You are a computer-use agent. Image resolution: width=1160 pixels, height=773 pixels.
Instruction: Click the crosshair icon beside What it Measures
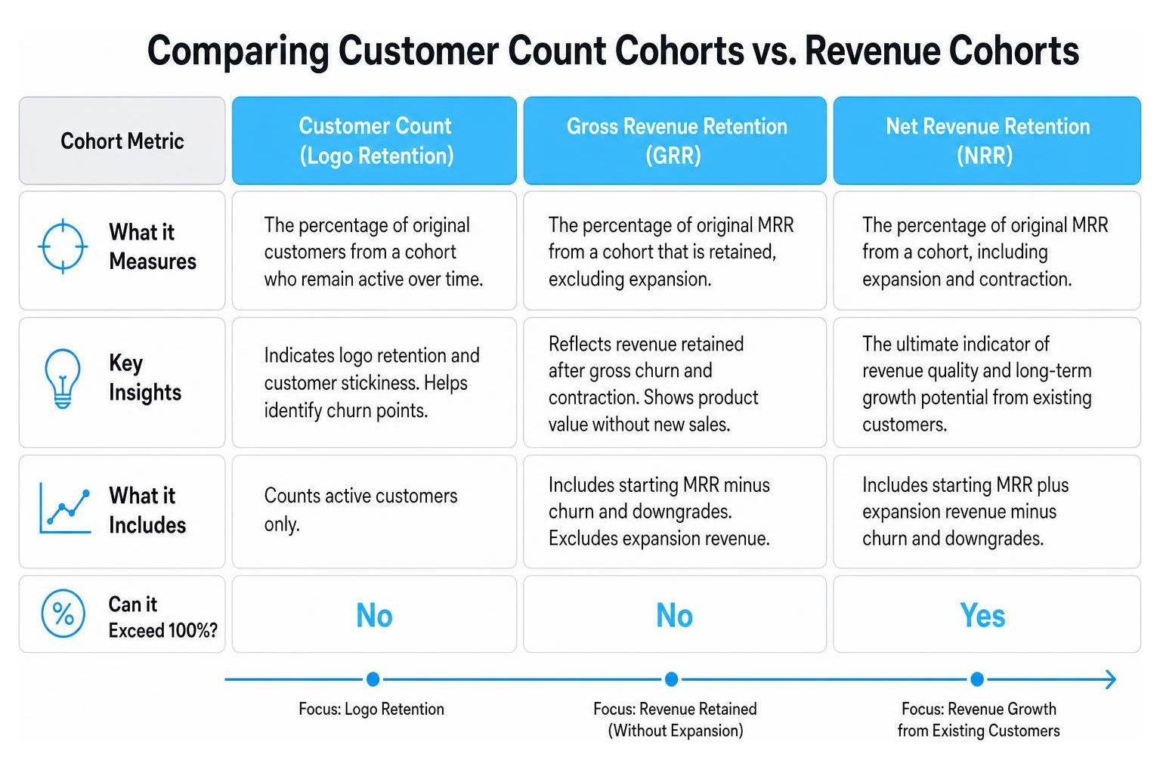coord(63,246)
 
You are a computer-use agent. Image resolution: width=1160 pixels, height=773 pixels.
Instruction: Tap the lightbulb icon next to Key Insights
coord(63,379)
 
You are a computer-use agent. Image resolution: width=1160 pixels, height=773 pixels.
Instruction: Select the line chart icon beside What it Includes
coord(65,509)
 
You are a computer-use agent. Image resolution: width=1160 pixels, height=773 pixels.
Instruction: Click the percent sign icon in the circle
coord(63,614)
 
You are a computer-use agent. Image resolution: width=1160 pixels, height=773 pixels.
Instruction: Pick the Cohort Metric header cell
coord(122,141)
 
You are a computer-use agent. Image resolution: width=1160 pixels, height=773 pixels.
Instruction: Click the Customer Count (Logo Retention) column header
coord(374,141)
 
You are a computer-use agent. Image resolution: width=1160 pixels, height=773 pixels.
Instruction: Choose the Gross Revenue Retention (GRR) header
coord(675,141)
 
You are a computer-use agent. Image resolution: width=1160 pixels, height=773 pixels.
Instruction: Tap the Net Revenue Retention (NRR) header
coord(987,141)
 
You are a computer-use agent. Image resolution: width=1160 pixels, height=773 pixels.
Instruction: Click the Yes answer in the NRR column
coord(982,615)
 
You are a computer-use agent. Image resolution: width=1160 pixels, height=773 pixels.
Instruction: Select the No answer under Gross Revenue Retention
coord(674,615)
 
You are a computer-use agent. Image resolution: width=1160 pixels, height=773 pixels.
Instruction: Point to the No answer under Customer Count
coord(374,615)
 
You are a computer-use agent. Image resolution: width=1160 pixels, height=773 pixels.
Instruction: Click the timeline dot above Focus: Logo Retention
coord(373,679)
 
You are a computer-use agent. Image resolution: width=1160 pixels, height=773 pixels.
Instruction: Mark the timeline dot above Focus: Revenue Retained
coord(671,679)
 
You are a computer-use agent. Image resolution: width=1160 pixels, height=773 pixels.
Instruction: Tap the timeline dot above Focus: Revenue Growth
coord(977,679)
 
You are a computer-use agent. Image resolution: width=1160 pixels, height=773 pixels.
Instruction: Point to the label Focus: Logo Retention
coord(371,709)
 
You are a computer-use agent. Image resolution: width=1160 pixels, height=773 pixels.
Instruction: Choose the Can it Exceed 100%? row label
coord(162,617)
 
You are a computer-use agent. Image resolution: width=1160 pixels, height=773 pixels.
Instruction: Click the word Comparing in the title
coord(238,53)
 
